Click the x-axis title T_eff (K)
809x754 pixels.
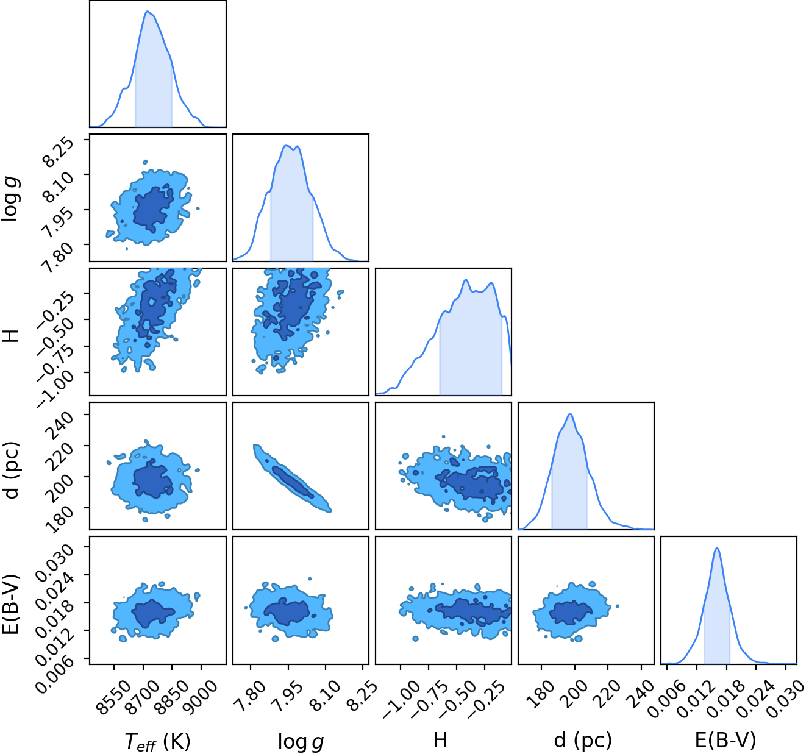coord(157,741)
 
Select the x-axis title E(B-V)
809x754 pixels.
coord(725,740)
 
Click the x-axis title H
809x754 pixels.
coord(440,740)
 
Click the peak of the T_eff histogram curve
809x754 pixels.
coord(148,11)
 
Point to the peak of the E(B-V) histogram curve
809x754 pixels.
coord(716,548)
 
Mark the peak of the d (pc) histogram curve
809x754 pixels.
coord(570,414)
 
